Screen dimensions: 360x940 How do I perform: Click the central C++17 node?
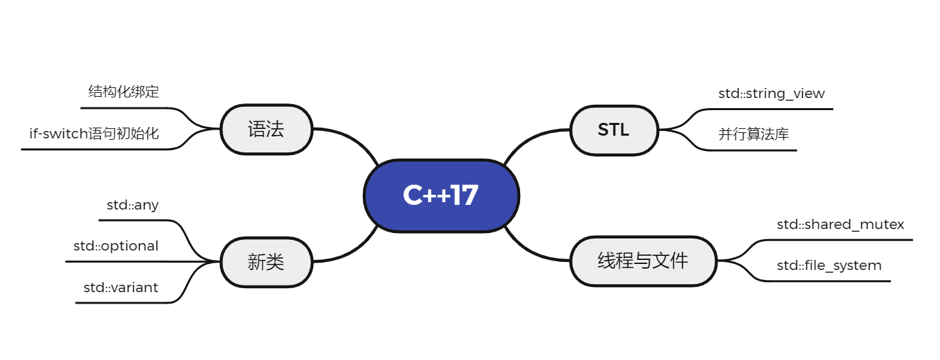(441, 195)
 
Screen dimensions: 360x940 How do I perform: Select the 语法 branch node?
(266, 129)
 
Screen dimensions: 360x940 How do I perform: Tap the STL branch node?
(613, 130)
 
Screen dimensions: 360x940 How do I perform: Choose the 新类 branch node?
(266, 261)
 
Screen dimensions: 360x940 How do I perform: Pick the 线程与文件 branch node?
(643, 261)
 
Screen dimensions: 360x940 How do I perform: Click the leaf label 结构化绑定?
(124, 91)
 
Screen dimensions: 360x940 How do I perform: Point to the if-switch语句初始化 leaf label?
(94, 133)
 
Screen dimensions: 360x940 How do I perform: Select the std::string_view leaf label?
(771, 93)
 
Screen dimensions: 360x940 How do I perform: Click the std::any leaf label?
(132, 204)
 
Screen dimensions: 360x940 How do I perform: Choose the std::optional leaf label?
(116, 246)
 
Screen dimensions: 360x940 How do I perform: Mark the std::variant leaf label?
(120, 287)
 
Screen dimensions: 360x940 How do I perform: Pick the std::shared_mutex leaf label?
(841, 224)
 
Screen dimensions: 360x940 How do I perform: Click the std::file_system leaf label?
(829, 265)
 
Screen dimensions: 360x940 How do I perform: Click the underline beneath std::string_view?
(773, 109)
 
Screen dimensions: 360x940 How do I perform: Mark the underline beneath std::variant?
(121, 303)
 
